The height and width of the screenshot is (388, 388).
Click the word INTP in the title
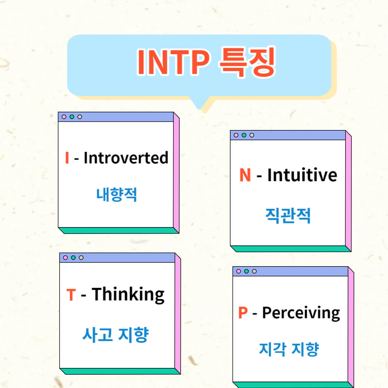[x=173, y=63]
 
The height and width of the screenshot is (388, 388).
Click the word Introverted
[x=126, y=158]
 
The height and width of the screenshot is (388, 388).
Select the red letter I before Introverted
[x=67, y=158]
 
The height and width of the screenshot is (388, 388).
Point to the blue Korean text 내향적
[x=117, y=195]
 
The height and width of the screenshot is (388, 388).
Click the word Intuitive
[x=302, y=175]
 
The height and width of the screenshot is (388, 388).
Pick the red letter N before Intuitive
[x=245, y=175]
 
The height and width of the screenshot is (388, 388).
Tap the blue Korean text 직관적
[x=288, y=216]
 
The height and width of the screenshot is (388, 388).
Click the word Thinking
[x=128, y=295]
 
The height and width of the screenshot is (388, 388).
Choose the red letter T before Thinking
[x=71, y=295]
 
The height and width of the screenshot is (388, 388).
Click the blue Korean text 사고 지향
[x=116, y=335]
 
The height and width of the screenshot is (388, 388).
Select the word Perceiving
[x=301, y=313]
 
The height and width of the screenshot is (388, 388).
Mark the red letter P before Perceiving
[x=243, y=313]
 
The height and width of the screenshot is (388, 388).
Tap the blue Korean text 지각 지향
[x=289, y=349]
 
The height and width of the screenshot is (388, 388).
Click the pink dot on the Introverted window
[x=64, y=117]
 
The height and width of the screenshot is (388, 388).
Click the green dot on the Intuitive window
[x=244, y=135]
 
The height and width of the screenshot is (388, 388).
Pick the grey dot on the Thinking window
[x=81, y=258]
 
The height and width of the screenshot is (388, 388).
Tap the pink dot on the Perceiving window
[x=239, y=271]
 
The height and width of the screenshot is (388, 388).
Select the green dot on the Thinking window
[x=73, y=258]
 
